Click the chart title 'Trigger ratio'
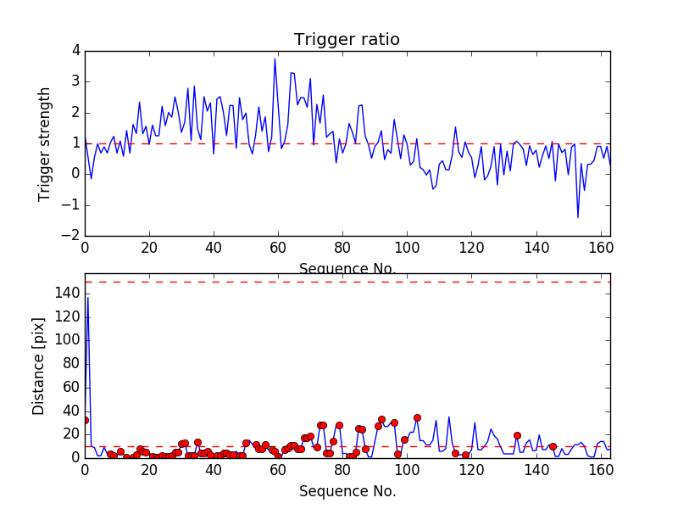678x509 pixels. (x=347, y=39)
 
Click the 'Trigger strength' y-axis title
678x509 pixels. (x=45, y=144)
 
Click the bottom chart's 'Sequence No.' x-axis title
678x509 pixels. (x=347, y=491)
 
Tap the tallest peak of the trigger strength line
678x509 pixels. (x=275, y=59)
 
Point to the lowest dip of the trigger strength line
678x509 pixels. (x=578, y=217)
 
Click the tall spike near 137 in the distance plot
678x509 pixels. (x=87, y=298)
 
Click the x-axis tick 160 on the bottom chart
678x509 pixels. (x=600, y=469)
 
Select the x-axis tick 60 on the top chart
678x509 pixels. (x=278, y=248)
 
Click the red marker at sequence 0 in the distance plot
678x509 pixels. (x=85, y=420)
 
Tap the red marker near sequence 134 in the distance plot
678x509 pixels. (x=517, y=435)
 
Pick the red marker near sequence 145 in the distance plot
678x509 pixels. (x=553, y=446)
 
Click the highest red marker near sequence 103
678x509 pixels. (x=417, y=417)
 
